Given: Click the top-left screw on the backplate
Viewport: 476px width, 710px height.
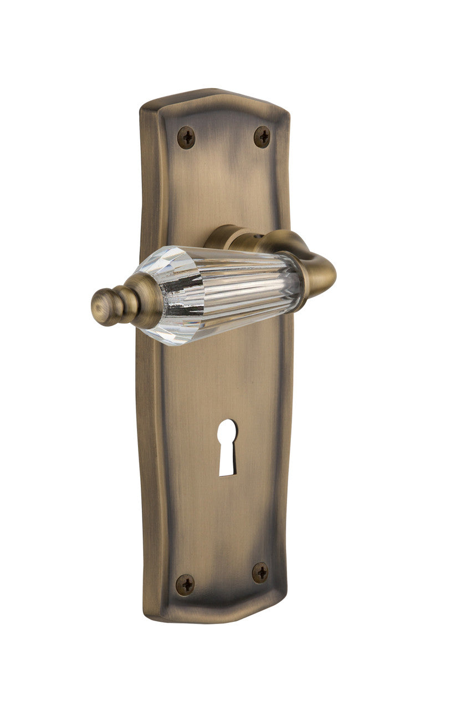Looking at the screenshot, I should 186,137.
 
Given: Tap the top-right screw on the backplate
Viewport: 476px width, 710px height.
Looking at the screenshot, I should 262,136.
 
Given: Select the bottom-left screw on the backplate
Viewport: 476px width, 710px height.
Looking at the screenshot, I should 185,585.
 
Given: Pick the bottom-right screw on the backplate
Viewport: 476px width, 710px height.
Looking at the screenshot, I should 260,572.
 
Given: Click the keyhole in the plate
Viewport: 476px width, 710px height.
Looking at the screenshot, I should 227,447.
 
